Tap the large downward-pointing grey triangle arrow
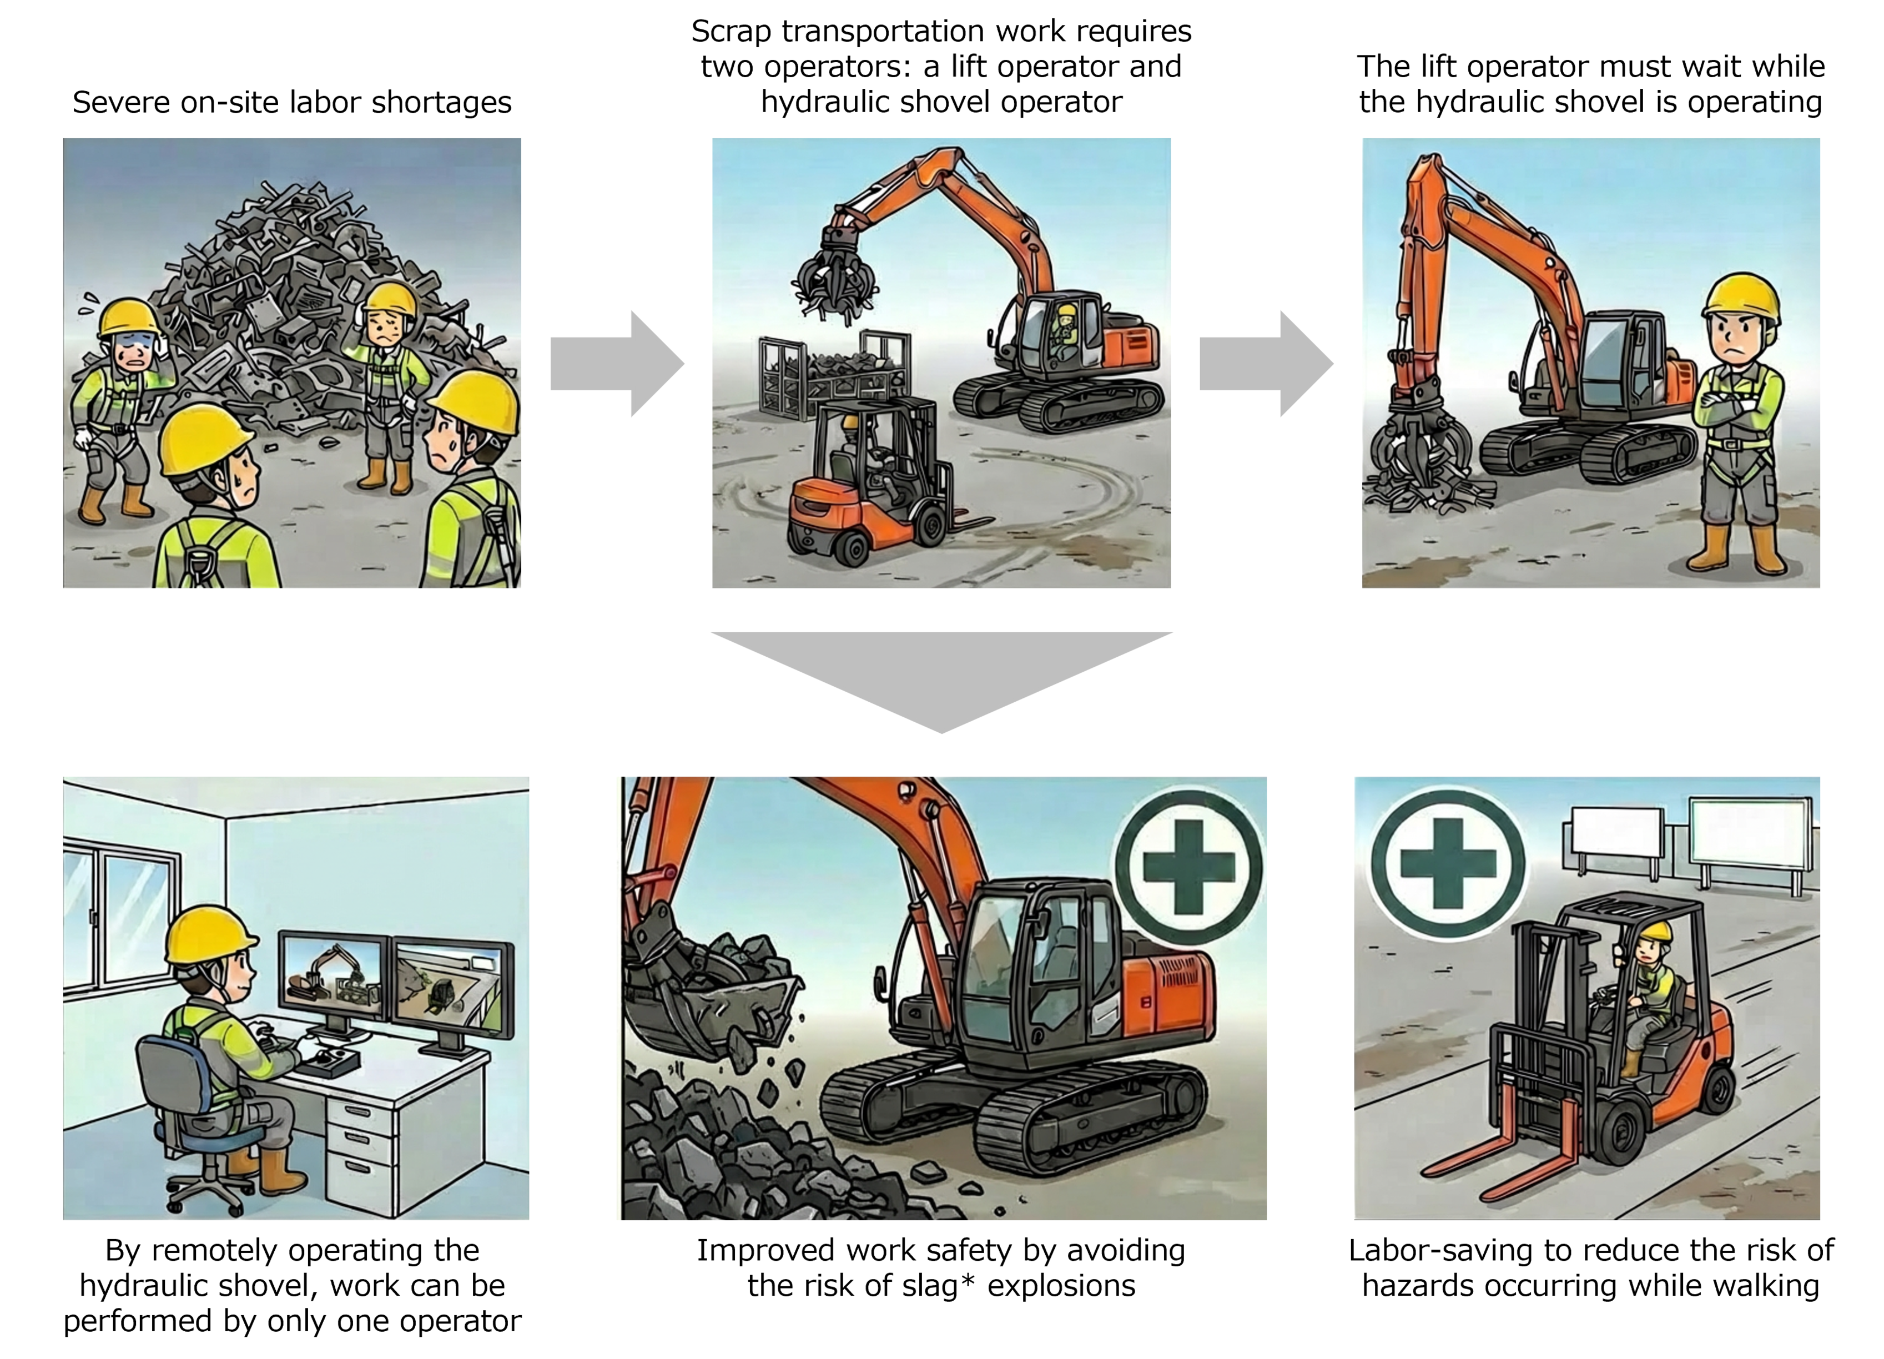(941, 673)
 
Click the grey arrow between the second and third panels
(1266, 364)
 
